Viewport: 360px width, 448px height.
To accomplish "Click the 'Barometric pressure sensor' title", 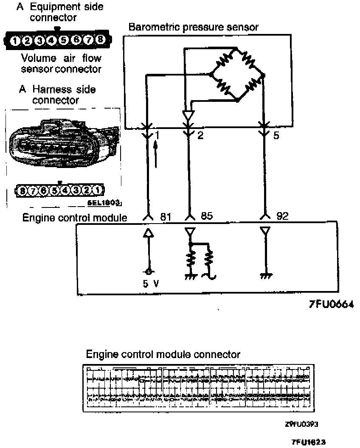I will point(193,27).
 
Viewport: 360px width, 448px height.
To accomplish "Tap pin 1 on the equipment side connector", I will point(15,41).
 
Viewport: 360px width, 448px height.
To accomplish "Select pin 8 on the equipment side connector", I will point(100,40).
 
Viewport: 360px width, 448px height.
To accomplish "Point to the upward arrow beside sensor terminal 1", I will point(157,155).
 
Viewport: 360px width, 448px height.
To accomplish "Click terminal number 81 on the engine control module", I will point(165,216).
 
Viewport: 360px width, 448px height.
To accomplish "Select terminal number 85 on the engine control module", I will point(205,216).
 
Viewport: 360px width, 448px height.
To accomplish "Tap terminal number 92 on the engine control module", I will point(282,216).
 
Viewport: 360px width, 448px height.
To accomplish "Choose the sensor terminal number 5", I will point(276,137).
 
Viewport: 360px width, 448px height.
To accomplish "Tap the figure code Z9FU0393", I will point(301,424).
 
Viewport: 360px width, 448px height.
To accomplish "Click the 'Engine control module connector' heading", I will point(163,354).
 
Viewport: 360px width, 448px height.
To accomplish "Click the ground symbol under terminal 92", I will point(266,276).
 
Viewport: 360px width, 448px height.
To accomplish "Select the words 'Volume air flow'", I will point(61,58).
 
